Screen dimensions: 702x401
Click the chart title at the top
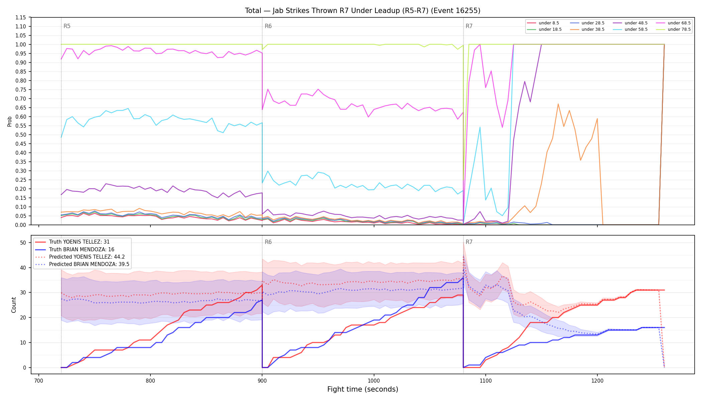pyautogui.click(x=363, y=11)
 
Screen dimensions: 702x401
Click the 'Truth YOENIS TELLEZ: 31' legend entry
pyautogui.click(x=72, y=242)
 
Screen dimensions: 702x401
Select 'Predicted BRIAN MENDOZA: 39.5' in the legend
pyautogui.click(x=82, y=264)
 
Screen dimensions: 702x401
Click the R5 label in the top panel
pyautogui.click(x=67, y=26)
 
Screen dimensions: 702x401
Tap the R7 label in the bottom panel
pyautogui.click(x=469, y=242)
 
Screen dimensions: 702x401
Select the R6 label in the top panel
pyautogui.click(x=268, y=26)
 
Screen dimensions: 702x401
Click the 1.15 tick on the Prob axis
pyautogui.click(x=21, y=18)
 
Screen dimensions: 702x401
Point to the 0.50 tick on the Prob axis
pyautogui.click(x=21, y=135)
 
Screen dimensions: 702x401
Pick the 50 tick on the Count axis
pyautogui.click(x=23, y=243)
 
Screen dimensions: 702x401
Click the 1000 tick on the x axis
pyautogui.click(x=374, y=381)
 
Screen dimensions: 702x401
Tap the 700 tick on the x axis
pyautogui.click(x=39, y=381)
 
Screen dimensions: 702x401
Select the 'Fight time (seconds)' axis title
pyautogui.click(x=363, y=390)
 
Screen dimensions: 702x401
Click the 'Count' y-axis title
pyautogui.click(x=14, y=305)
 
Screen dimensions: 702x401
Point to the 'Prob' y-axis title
pyautogui.click(x=10, y=121)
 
